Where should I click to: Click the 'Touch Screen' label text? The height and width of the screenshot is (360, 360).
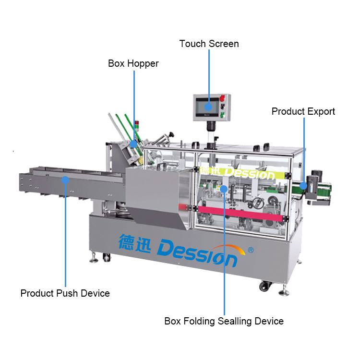(x=209, y=44)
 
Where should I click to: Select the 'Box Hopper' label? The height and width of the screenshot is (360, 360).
(x=133, y=63)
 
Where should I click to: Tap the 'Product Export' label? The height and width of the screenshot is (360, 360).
(x=303, y=111)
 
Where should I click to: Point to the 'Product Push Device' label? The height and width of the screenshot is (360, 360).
(x=65, y=293)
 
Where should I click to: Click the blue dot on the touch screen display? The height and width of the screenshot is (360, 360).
(x=208, y=107)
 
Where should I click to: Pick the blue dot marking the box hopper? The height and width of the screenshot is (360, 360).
(x=133, y=144)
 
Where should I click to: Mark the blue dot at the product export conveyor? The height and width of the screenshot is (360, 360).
(x=303, y=185)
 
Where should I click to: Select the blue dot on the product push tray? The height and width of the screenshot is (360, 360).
(x=65, y=180)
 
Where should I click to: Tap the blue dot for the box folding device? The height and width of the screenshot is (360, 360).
(x=224, y=189)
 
